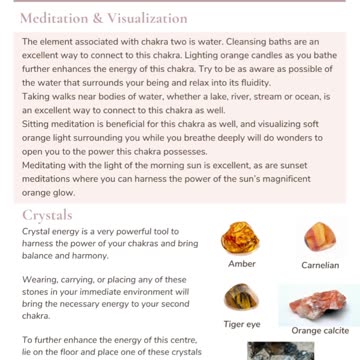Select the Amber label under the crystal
point(242,264)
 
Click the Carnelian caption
point(319,265)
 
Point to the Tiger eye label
point(242,325)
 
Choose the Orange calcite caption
point(319,330)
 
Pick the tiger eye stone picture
point(241,297)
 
